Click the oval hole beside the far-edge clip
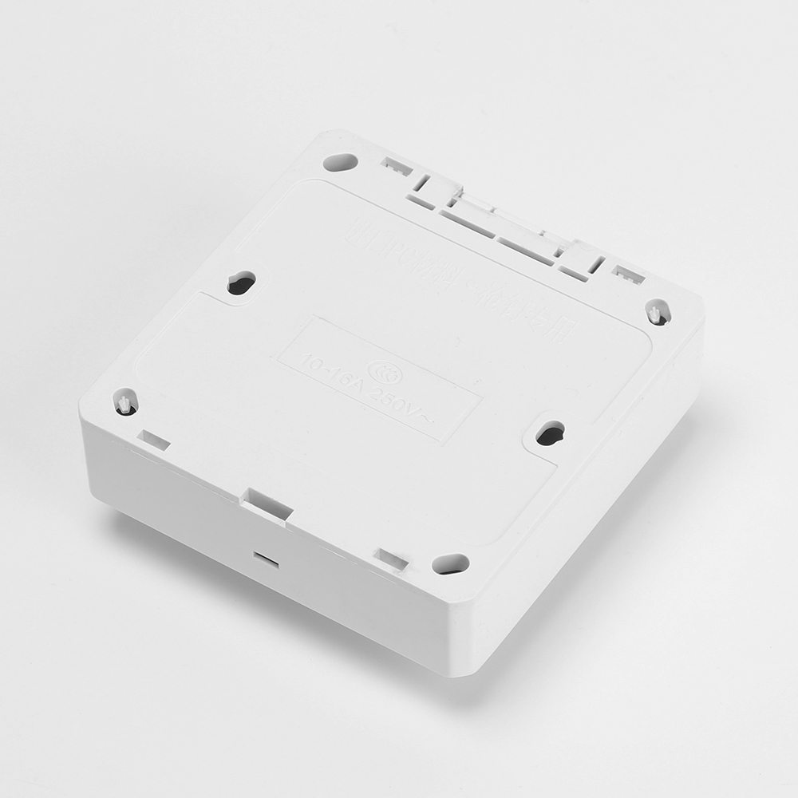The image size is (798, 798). click(x=340, y=161)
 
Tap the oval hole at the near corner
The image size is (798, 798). click(x=450, y=563)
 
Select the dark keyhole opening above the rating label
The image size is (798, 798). click(x=241, y=282)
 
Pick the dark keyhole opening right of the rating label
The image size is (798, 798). click(x=550, y=433)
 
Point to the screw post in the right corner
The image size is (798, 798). click(x=658, y=313)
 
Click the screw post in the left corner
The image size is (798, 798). click(x=126, y=402)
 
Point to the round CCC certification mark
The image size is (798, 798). click(x=381, y=368)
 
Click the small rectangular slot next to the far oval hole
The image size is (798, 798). click(x=396, y=166)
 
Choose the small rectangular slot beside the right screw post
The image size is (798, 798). click(x=627, y=274)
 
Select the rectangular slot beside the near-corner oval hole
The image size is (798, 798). click(x=392, y=559)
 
